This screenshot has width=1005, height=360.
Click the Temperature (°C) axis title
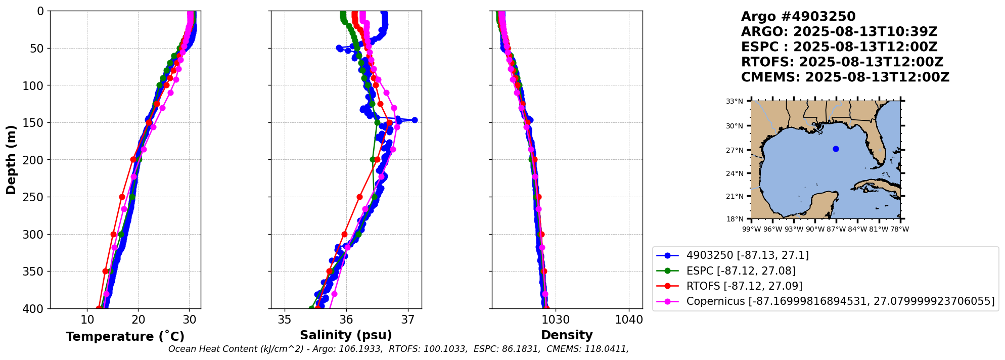[x=125, y=337]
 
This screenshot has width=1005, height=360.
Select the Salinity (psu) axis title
[x=346, y=335]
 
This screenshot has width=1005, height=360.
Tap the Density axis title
[x=567, y=335]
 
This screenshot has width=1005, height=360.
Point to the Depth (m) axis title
[x=11, y=159]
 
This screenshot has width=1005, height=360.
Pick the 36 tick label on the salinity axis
[x=346, y=320]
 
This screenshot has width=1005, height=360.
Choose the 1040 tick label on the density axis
[x=629, y=320]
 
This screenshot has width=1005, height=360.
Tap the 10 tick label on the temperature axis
[x=87, y=320]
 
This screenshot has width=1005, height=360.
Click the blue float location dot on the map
[x=836, y=149]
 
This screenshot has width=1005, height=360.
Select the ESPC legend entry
[x=741, y=271]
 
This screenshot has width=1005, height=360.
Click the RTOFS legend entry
[x=744, y=286]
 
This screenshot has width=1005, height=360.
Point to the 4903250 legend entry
[x=747, y=255]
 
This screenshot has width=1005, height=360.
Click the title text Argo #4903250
[x=798, y=17]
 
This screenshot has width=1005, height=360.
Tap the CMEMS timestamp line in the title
[x=845, y=77]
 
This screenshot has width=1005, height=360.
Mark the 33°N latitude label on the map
[x=735, y=101]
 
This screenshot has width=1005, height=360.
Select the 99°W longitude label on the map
[x=751, y=229]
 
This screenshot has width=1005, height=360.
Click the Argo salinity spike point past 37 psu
[x=415, y=120]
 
